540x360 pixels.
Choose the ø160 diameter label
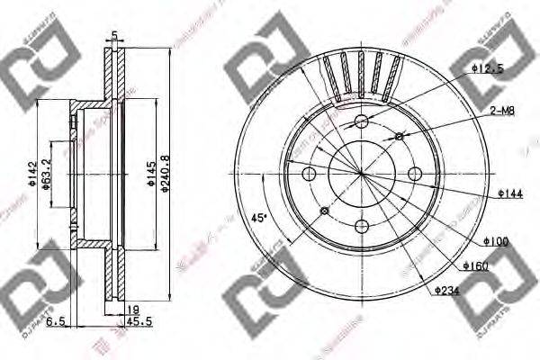[478, 265]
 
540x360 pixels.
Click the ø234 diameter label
[448, 290]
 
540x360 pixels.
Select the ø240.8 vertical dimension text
[165, 172]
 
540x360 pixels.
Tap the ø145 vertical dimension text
[150, 172]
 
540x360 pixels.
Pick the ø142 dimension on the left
[31, 172]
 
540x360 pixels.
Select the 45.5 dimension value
[139, 319]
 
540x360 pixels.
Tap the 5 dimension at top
[114, 36]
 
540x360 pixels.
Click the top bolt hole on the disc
[361, 121]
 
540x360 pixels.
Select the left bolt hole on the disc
[310, 173]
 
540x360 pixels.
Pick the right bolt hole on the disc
[413, 173]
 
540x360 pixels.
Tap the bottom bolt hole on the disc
[361, 224]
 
